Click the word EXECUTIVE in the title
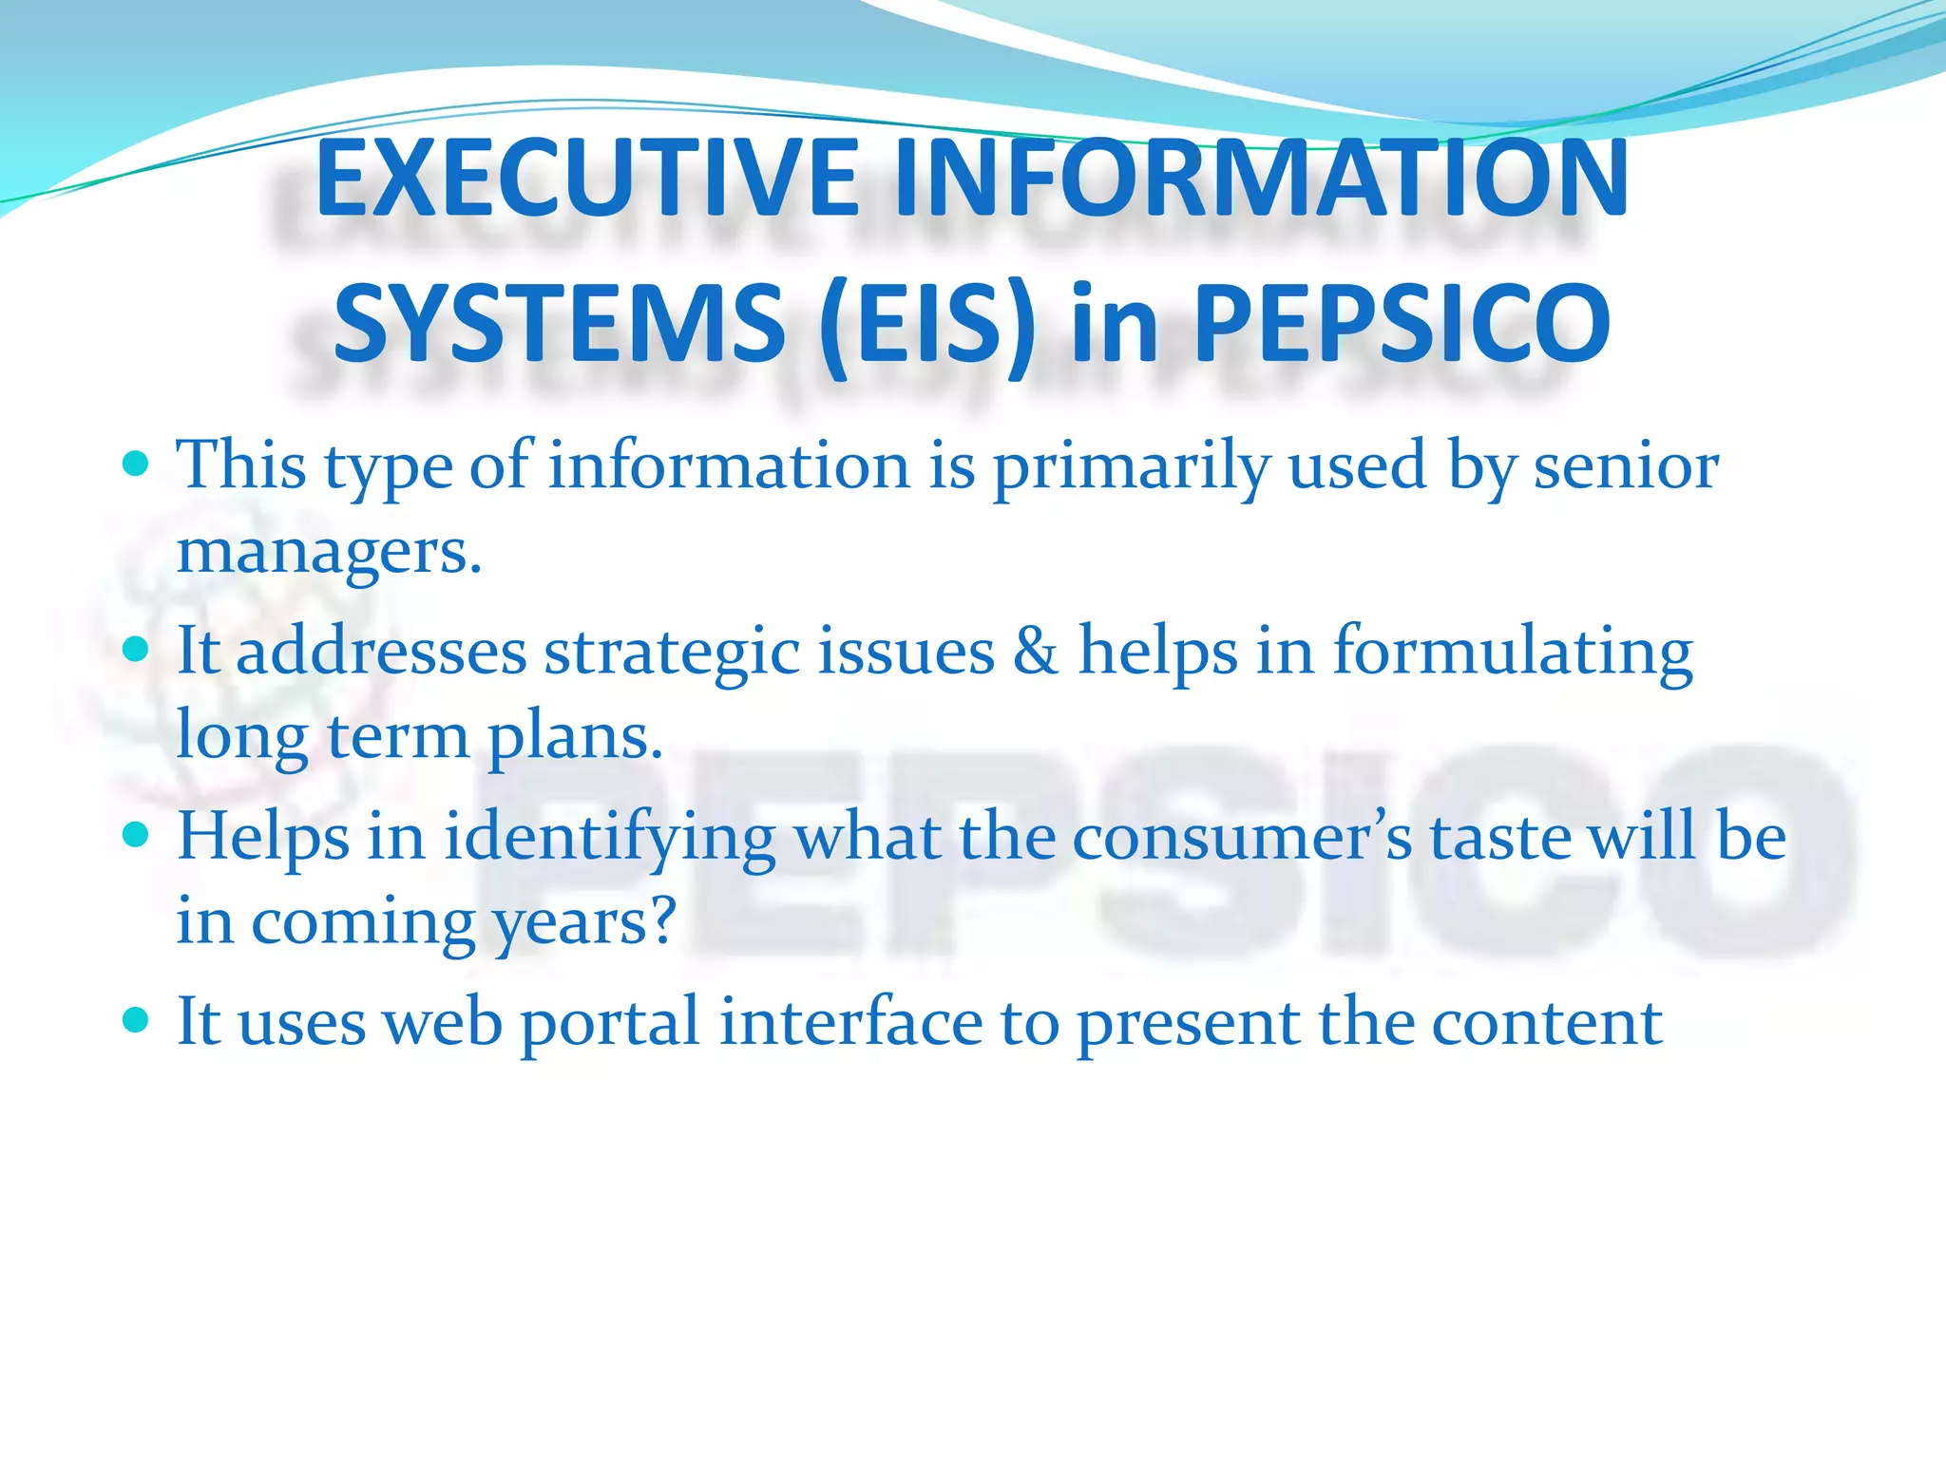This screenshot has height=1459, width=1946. click(587, 178)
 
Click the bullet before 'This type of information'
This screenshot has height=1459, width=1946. click(137, 464)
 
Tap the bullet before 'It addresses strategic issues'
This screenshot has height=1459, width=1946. click(137, 650)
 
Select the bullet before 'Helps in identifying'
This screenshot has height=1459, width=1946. click(137, 835)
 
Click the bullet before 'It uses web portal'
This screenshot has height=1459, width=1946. click(137, 1020)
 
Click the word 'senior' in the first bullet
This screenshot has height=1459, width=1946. click(1626, 466)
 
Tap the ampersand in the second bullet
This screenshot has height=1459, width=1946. click(1036, 652)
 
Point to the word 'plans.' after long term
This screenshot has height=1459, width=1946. click(575, 738)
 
